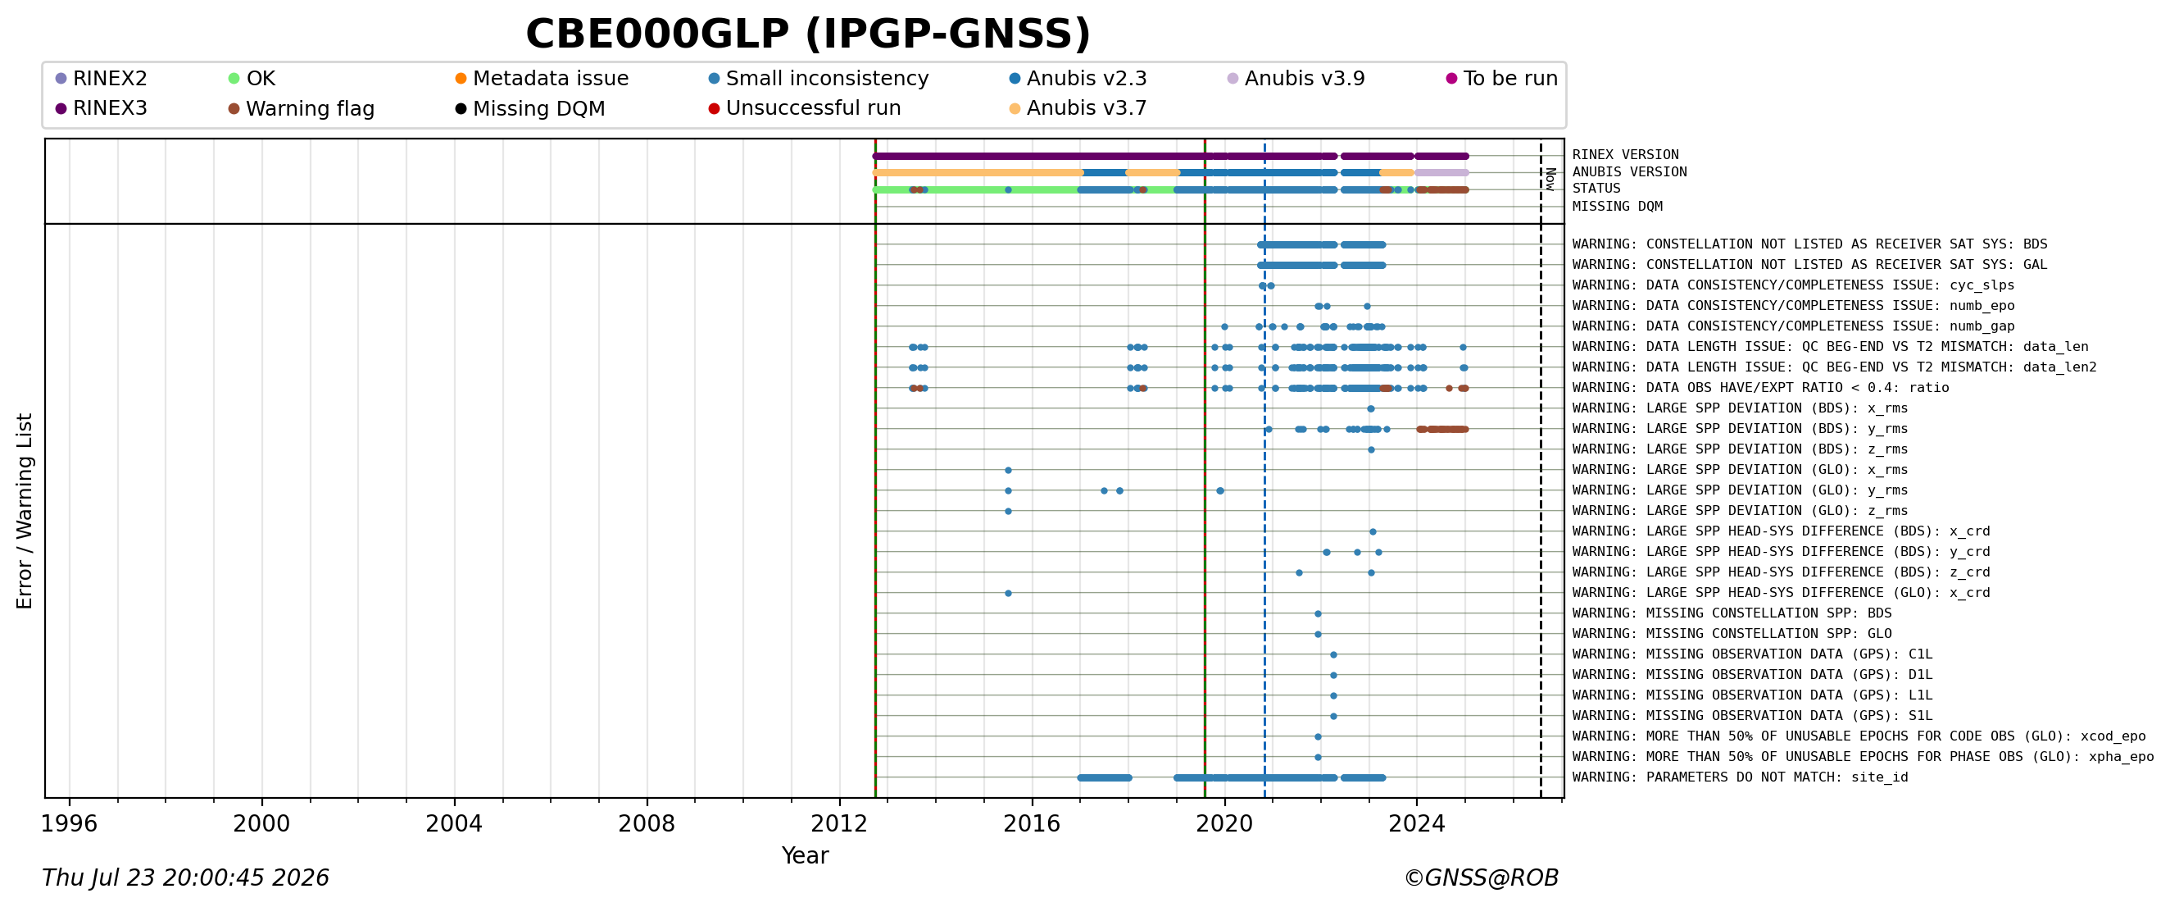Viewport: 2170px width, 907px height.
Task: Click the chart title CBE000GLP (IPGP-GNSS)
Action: (808, 34)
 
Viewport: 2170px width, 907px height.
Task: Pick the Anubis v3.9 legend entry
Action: (1296, 79)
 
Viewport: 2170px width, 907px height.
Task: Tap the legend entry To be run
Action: (1502, 79)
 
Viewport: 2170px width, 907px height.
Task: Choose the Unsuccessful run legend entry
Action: (805, 108)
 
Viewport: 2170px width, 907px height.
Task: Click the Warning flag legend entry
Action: (302, 109)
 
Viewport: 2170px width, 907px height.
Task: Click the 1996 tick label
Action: (69, 823)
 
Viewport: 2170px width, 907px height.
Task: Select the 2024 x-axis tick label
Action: (1416, 823)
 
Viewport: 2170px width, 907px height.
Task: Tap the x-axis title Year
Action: (805, 855)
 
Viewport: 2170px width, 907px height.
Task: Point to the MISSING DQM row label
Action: (1618, 207)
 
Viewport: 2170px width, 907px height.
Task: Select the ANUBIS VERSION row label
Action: (1629, 172)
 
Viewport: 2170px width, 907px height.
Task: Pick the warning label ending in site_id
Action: (1741, 777)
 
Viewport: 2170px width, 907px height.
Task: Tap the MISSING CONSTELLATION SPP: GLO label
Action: (1732, 634)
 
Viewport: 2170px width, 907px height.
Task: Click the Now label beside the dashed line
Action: (1550, 179)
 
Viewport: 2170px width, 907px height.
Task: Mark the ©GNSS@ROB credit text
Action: (1481, 878)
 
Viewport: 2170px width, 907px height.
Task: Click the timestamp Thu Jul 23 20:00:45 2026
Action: (185, 878)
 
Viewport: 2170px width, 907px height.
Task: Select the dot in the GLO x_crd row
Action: (1008, 594)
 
